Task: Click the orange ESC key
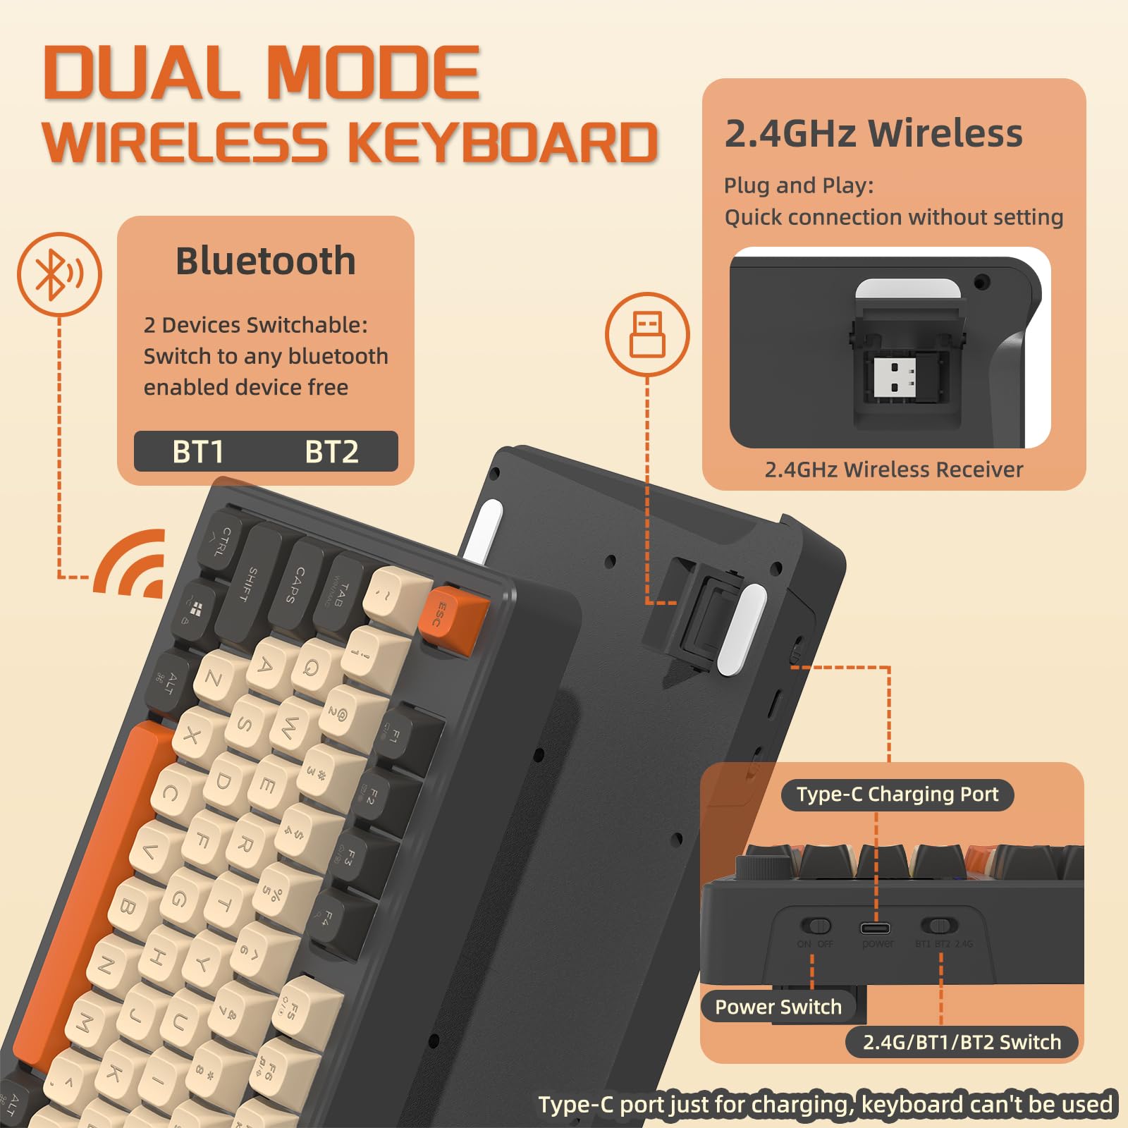[x=453, y=613]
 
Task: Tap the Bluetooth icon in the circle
[x=59, y=274]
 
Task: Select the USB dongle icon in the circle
[x=647, y=334]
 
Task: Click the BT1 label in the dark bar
[x=198, y=452]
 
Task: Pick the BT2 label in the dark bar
[x=331, y=452]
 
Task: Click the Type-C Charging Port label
[x=897, y=795]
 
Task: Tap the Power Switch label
[x=778, y=1007]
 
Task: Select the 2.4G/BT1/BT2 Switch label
[x=962, y=1042]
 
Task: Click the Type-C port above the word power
[x=875, y=928]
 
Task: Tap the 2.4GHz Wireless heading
[x=873, y=133]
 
